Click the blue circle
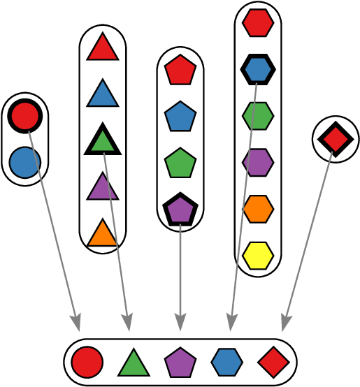point(25,163)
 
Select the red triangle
point(103,48)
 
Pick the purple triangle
point(103,188)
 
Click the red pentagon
point(180,71)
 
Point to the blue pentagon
point(180,117)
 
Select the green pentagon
point(180,163)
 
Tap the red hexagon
point(258,23)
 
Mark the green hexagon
point(258,116)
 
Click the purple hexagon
point(258,163)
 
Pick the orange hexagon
point(258,209)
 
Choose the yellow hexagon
point(258,256)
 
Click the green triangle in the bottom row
point(134,364)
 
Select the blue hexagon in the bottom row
point(227,363)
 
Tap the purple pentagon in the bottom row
point(180,363)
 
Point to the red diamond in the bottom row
point(273,363)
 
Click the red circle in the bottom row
point(87,363)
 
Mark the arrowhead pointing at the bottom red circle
point(76,323)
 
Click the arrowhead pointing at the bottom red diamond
point(285,323)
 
